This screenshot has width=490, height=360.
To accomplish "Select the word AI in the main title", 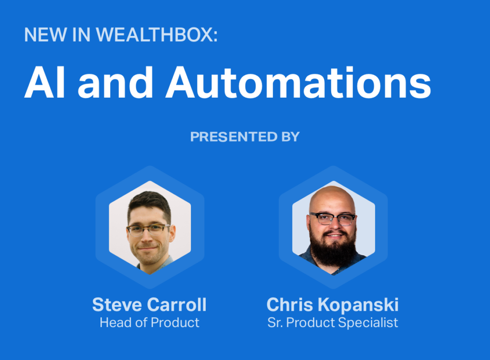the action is pyautogui.click(x=45, y=82).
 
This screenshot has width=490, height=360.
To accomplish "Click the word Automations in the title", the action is pyautogui.click(x=299, y=82).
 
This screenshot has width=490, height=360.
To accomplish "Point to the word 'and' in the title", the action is pyautogui.click(x=115, y=82).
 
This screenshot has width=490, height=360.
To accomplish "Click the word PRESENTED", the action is pyautogui.click(x=234, y=137).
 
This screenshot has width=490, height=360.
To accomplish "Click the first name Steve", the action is pyautogui.click(x=117, y=304).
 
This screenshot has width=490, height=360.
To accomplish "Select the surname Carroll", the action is pyautogui.click(x=177, y=304).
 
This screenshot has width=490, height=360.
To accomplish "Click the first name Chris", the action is pyautogui.click(x=290, y=304).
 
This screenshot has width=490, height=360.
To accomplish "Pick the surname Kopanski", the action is pyautogui.click(x=358, y=304).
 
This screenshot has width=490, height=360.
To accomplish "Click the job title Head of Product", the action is pyautogui.click(x=149, y=323).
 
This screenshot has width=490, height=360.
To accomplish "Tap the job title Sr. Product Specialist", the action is pyautogui.click(x=333, y=323).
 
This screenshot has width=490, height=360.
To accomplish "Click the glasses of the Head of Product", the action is pyautogui.click(x=148, y=230).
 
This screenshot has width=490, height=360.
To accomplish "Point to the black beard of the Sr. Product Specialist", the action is pyautogui.click(x=333, y=250).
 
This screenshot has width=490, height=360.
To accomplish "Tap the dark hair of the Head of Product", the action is pyautogui.click(x=149, y=203).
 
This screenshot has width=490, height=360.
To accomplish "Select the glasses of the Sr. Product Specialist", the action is pyautogui.click(x=333, y=218).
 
